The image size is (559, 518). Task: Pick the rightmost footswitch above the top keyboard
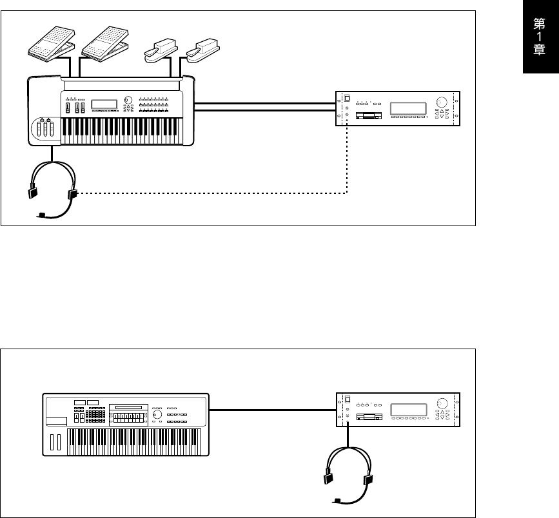pyautogui.click(x=201, y=49)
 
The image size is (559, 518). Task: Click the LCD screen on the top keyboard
pyautogui.click(x=103, y=104)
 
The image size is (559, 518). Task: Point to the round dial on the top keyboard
pyautogui.click(x=128, y=101)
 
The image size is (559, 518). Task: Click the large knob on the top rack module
pyautogui.click(x=442, y=102)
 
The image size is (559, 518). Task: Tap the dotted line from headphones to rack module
pyautogui.click(x=213, y=192)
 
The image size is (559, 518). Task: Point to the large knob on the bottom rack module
pyautogui.click(x=442, y=403)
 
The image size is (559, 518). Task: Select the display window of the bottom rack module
pyautogui.click(x=409, y=409)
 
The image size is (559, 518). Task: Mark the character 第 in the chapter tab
pyautogui.click(x=540, y=25)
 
